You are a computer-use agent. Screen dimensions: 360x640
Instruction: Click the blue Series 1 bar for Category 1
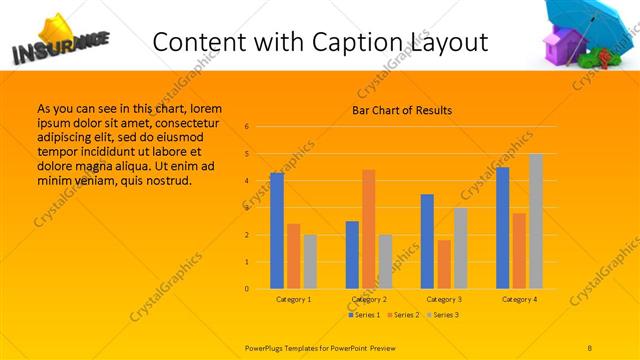pyautogui.click(x=277, y=231)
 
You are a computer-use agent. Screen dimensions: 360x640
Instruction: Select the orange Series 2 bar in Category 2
pyautogui.click(x=369, y=229)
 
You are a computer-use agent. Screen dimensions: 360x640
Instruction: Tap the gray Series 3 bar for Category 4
pyautogui.click(x=536, y=221)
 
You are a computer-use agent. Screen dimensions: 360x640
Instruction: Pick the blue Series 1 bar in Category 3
pyautogui.click(x=427, y=241)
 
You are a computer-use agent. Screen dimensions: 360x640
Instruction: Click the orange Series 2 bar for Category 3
pyautogui.click(x=444, y=264)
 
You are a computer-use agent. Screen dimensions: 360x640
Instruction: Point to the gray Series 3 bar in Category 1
pyautogui.click(x=310, y=261)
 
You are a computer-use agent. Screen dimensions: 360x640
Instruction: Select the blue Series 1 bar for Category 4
pyautogui.click(x=503, y=228)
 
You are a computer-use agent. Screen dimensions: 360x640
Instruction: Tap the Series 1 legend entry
pyautogui.click(x=362, y=315)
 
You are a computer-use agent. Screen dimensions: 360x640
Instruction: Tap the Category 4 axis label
pyautogui.click(x=520, y=299)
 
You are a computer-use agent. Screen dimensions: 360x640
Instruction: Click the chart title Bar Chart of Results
pyautogui.click(x=402, y=110)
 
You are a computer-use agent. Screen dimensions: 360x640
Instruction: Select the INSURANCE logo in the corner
pyautogui.click(x=58, y=42)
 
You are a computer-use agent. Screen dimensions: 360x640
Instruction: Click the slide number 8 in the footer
pyautogui.click(x=590, y=346)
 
